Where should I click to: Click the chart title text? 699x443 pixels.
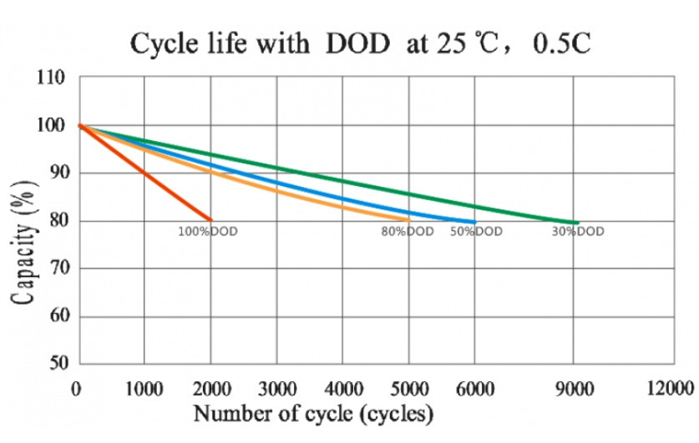(x=360, y=43)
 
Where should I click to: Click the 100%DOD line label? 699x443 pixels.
(x=208, y=231)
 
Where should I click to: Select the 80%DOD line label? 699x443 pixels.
(x=408, y=231)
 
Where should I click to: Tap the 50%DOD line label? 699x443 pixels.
(x=477, y=231)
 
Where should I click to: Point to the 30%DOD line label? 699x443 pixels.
(x=578, y=231)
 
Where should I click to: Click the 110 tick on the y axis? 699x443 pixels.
(x=51, y=78)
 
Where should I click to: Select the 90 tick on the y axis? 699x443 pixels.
(x=54, y=174)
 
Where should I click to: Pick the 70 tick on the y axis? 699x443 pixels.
(x=54, y=269)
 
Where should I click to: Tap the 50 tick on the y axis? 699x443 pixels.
(x=54, y=365)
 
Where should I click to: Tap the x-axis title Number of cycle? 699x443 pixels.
(x=314, y=413)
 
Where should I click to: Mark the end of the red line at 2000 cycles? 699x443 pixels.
(x=211, y=220)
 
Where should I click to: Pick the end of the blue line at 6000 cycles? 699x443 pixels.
(x=475, y=222)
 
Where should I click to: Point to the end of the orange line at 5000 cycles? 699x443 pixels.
(x=409, y=220)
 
